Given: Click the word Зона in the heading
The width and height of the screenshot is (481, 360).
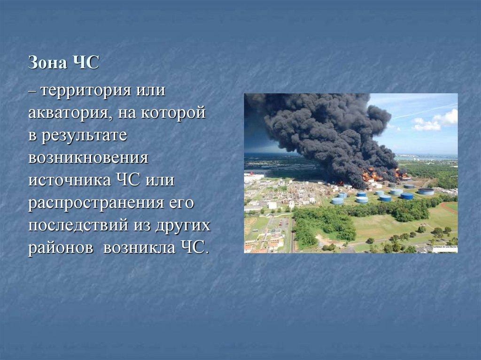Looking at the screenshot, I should coord(47,63).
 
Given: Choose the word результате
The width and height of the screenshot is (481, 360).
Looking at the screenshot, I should coord(84,135).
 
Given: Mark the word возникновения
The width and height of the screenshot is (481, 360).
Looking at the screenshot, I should coord(88,158).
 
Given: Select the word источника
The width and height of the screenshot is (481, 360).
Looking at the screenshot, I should coord(68,180).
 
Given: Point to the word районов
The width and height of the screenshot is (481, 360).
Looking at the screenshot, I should coord(62,247).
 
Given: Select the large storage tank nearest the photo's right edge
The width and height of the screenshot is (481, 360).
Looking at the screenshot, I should coord(426,191).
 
